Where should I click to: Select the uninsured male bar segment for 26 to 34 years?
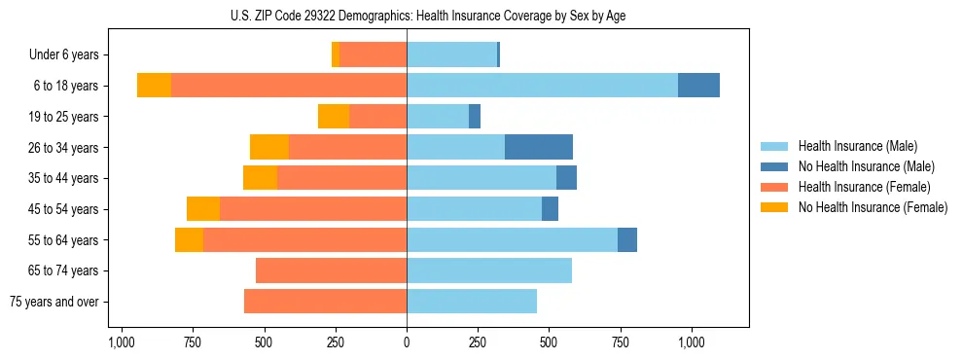point(538,147)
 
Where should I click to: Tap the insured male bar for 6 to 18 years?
point(542,86)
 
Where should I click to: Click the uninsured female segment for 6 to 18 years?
point(154,86)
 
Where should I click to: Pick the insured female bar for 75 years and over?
point(325,302)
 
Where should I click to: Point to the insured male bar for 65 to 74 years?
point(488,270)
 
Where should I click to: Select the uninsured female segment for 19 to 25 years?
point(334,117)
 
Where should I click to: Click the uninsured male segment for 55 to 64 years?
point(627,239)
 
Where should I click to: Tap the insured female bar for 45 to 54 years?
point(312,209)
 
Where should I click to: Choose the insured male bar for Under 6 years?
point(451,54)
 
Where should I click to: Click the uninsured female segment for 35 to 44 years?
point(260,178)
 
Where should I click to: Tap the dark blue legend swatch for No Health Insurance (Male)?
point(774,166)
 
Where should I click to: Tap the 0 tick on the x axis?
point(407,342)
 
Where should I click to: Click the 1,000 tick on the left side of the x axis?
point(121,342)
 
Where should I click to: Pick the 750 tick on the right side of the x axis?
point(620,342)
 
